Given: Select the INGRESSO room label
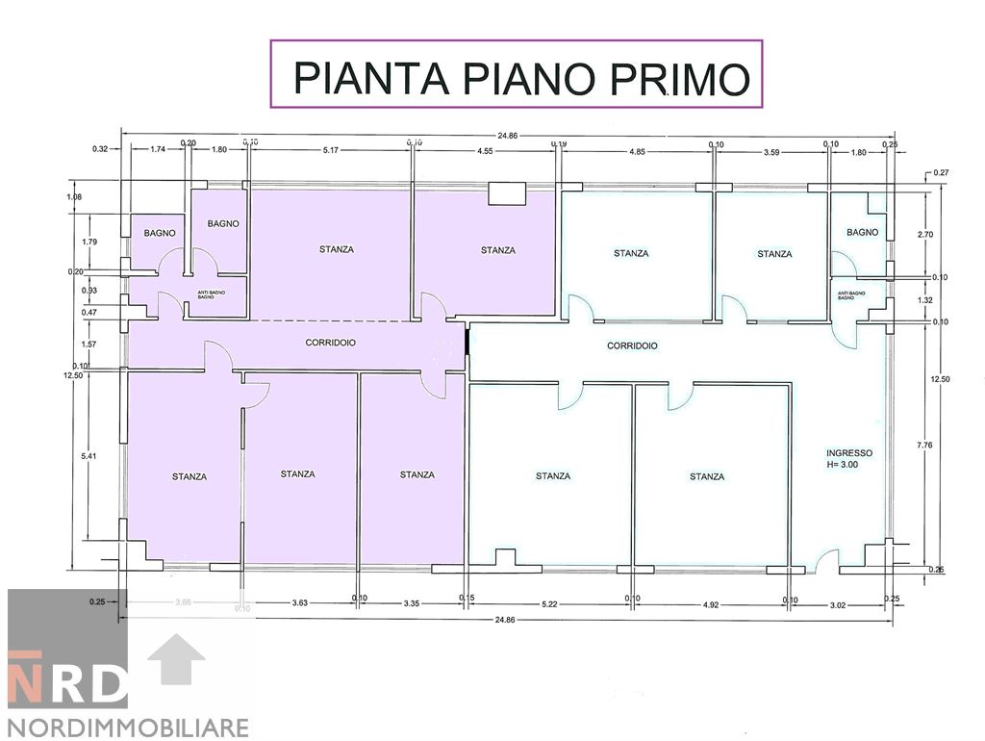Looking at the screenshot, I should pyautogui.click(x=849, y=452).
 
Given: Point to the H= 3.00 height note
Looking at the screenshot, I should pyautogui.click(x=849, y=465).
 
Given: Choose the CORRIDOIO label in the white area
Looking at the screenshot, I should pyautogui.click(x=632, y=345).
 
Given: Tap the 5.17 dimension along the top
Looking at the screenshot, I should pyautogui.click(x=334, y=150).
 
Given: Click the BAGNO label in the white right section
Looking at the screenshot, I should pyautogui.click(x=863, y=232).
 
